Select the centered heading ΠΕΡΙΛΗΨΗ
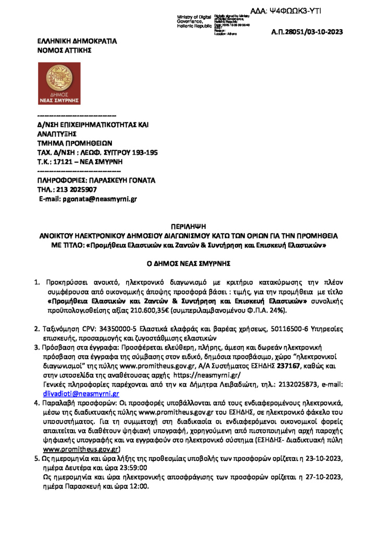click(188, 226)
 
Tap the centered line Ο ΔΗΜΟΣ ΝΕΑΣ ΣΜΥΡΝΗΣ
click(188, 263)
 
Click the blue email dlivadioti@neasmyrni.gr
click(82, 393)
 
